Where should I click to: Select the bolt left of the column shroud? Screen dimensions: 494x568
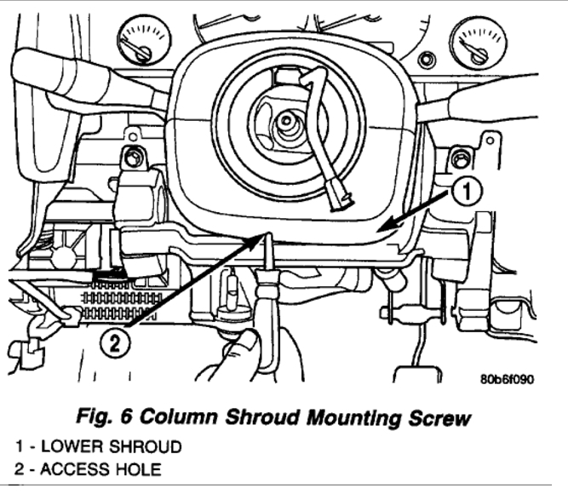(x=132, y=158)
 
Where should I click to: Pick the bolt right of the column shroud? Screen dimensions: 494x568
(x=461, y=158)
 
